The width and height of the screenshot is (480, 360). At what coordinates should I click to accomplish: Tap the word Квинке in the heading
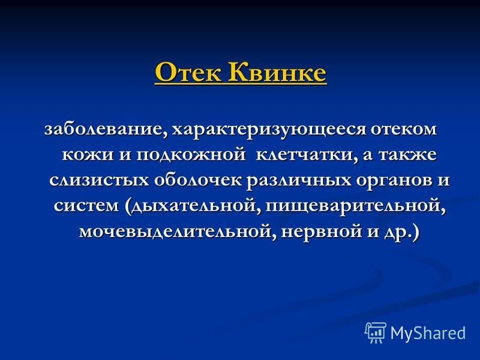pos(277,72)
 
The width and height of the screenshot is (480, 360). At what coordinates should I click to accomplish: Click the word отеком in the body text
pos(403,129)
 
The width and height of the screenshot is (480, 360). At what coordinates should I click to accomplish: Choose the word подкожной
pos(190,155)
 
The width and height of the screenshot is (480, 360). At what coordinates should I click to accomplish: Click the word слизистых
pos(98,181)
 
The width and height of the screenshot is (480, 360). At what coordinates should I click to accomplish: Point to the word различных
pos(298,181)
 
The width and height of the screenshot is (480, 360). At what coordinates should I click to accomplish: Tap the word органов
pos(392,181)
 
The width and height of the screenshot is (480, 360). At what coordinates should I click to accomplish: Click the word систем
pos(86,206)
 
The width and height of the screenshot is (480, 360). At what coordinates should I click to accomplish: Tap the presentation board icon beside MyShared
pos(376,332)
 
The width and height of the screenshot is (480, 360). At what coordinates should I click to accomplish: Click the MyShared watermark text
pos(428,333)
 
